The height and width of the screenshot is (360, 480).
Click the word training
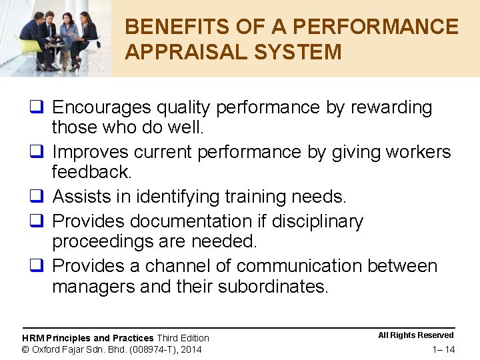(x=254, y=197)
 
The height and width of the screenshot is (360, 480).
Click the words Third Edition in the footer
(x=183, y=338)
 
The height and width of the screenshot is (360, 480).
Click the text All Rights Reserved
(x=415, y=335)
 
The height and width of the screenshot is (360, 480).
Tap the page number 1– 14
(x=443, y=349)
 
